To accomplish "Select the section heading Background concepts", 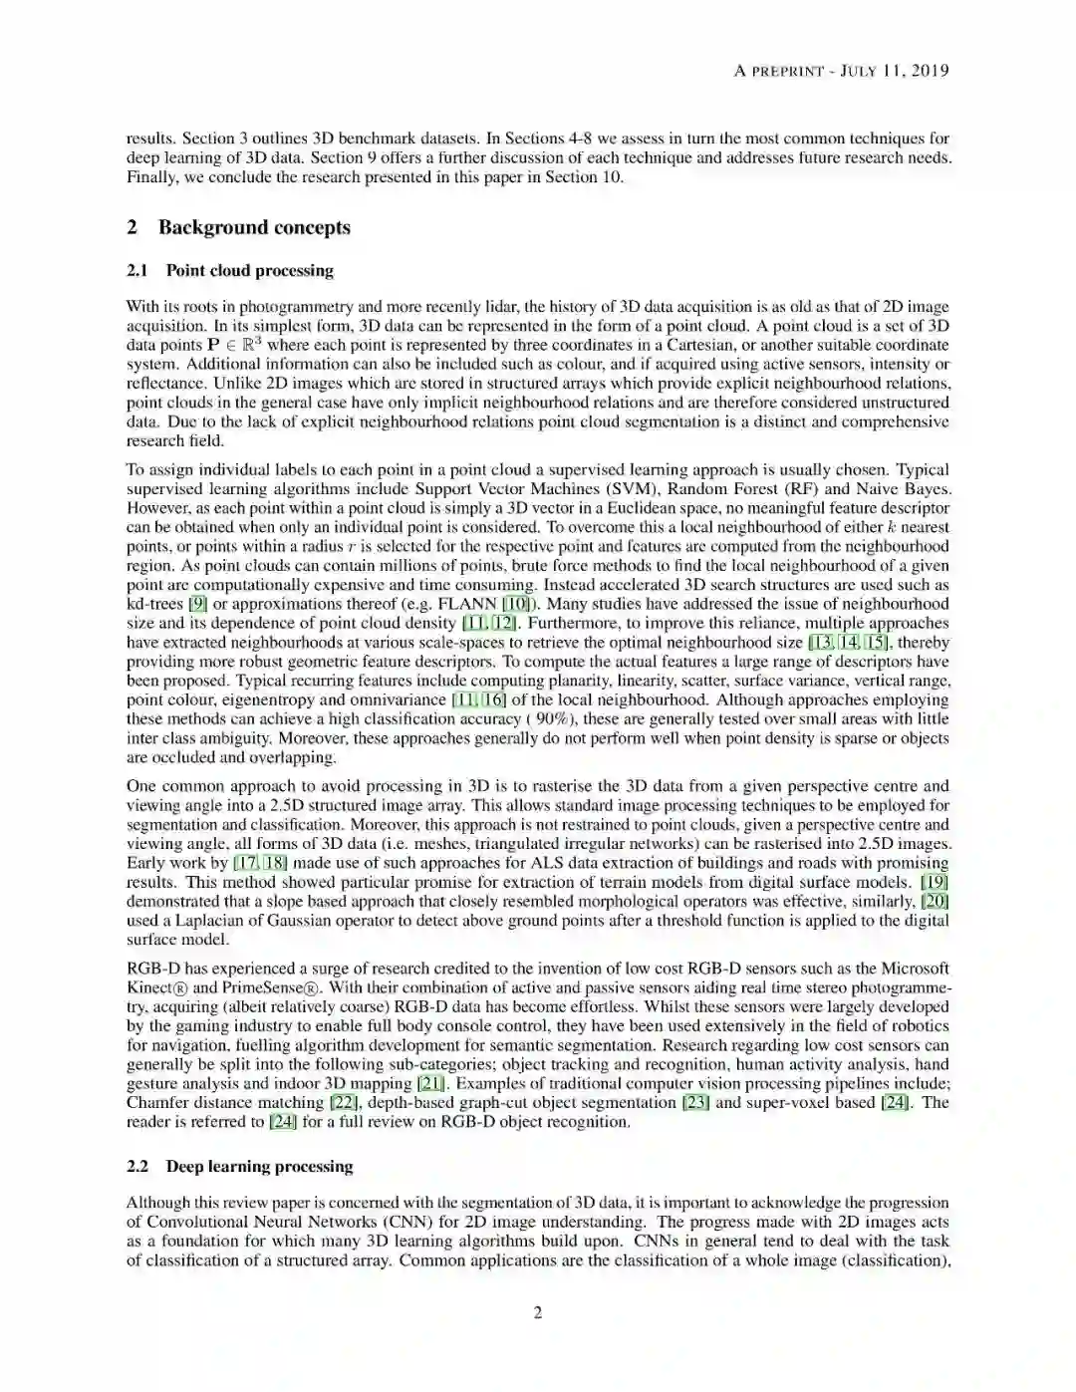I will (x=254, y=227).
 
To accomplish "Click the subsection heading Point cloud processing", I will (x=249, y=271).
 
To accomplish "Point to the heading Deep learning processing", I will (x=259, y=1167).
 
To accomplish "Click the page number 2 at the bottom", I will (x=538, y=1312).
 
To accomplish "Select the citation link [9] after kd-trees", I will (x=197, y=604).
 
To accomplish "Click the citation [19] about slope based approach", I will (x=934, y=883).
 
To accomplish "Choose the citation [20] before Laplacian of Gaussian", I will (x=935, y=902).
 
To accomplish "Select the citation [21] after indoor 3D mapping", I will (x=430, y=1084).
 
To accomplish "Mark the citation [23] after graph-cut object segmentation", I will (x=695, y=1103).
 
